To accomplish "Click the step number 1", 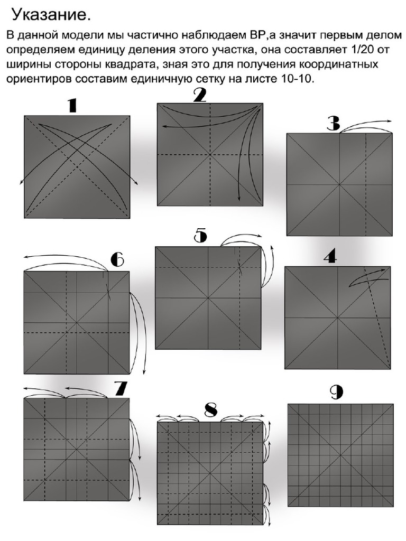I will [72, 106].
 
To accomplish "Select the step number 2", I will [199, 95].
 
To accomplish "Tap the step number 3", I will [333, 124].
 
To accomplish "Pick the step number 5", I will [200, 236].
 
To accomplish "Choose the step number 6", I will [117, 260].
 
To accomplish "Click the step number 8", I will [211, 409].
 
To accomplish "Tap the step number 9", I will [336, 392].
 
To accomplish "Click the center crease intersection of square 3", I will [339, 184].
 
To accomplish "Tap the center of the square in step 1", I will [77, 167].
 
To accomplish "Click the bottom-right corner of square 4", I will [390, 369].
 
